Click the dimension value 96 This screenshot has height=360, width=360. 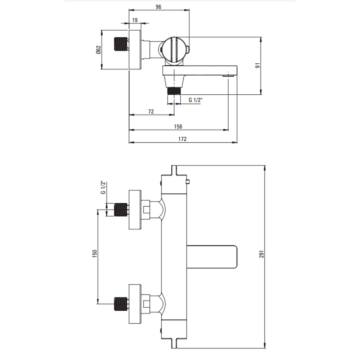click(158, 7)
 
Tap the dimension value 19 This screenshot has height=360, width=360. click(135, 20)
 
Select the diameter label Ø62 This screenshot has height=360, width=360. click(99, 50)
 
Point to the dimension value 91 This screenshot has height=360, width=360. click(258, 66)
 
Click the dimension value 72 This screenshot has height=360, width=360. click(151, 112)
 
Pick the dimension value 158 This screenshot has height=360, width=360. click(178, 126)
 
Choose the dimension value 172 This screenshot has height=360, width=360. click(182, 139)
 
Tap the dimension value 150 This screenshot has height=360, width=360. click(95, 254)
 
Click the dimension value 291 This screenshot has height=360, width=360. click(261, 254)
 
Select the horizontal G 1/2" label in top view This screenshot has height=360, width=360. click(195, 100)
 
